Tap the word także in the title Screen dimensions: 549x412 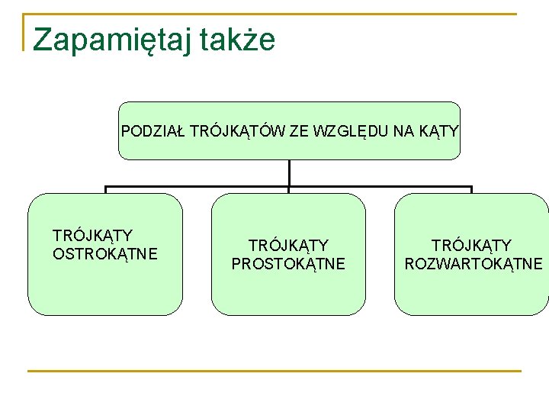[237, 40]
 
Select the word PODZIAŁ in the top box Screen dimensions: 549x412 [152, 131]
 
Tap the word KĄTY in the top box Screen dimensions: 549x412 [438, 131]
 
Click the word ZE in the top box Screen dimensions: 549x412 [299, 131]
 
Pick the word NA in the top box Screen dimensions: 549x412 [404, 131]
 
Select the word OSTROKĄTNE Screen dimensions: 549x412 [105, 253]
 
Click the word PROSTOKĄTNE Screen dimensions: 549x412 [288, 264]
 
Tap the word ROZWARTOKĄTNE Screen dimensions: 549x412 [474, 264]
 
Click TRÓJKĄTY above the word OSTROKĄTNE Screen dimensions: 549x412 [92, 236]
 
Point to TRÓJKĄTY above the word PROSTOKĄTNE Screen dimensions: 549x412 [288, 246]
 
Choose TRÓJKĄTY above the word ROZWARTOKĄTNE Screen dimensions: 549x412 [472, 246]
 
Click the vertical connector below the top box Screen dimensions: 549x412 [290, 173]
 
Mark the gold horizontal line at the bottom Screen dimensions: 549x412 [274, 372]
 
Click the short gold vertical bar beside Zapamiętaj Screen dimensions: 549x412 [24, 32]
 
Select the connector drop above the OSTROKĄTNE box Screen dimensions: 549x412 [105, 190]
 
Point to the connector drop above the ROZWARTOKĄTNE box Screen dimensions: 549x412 [472, 190]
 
